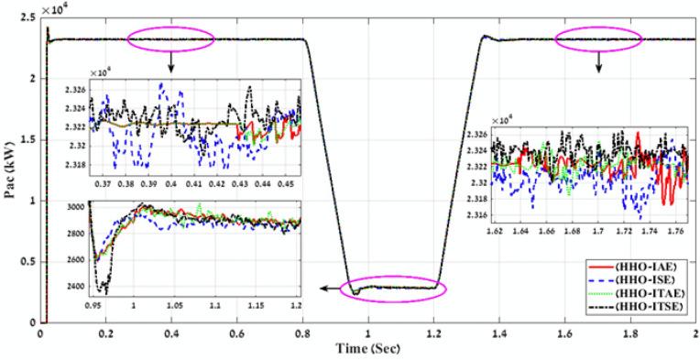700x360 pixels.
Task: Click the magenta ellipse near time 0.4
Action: pyautogui.click(x=170, y=38)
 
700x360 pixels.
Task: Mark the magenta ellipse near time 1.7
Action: pyautogui.click(x=600, y=38)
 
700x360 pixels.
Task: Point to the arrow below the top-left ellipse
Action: pyautogui.click(x=170, y=64)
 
